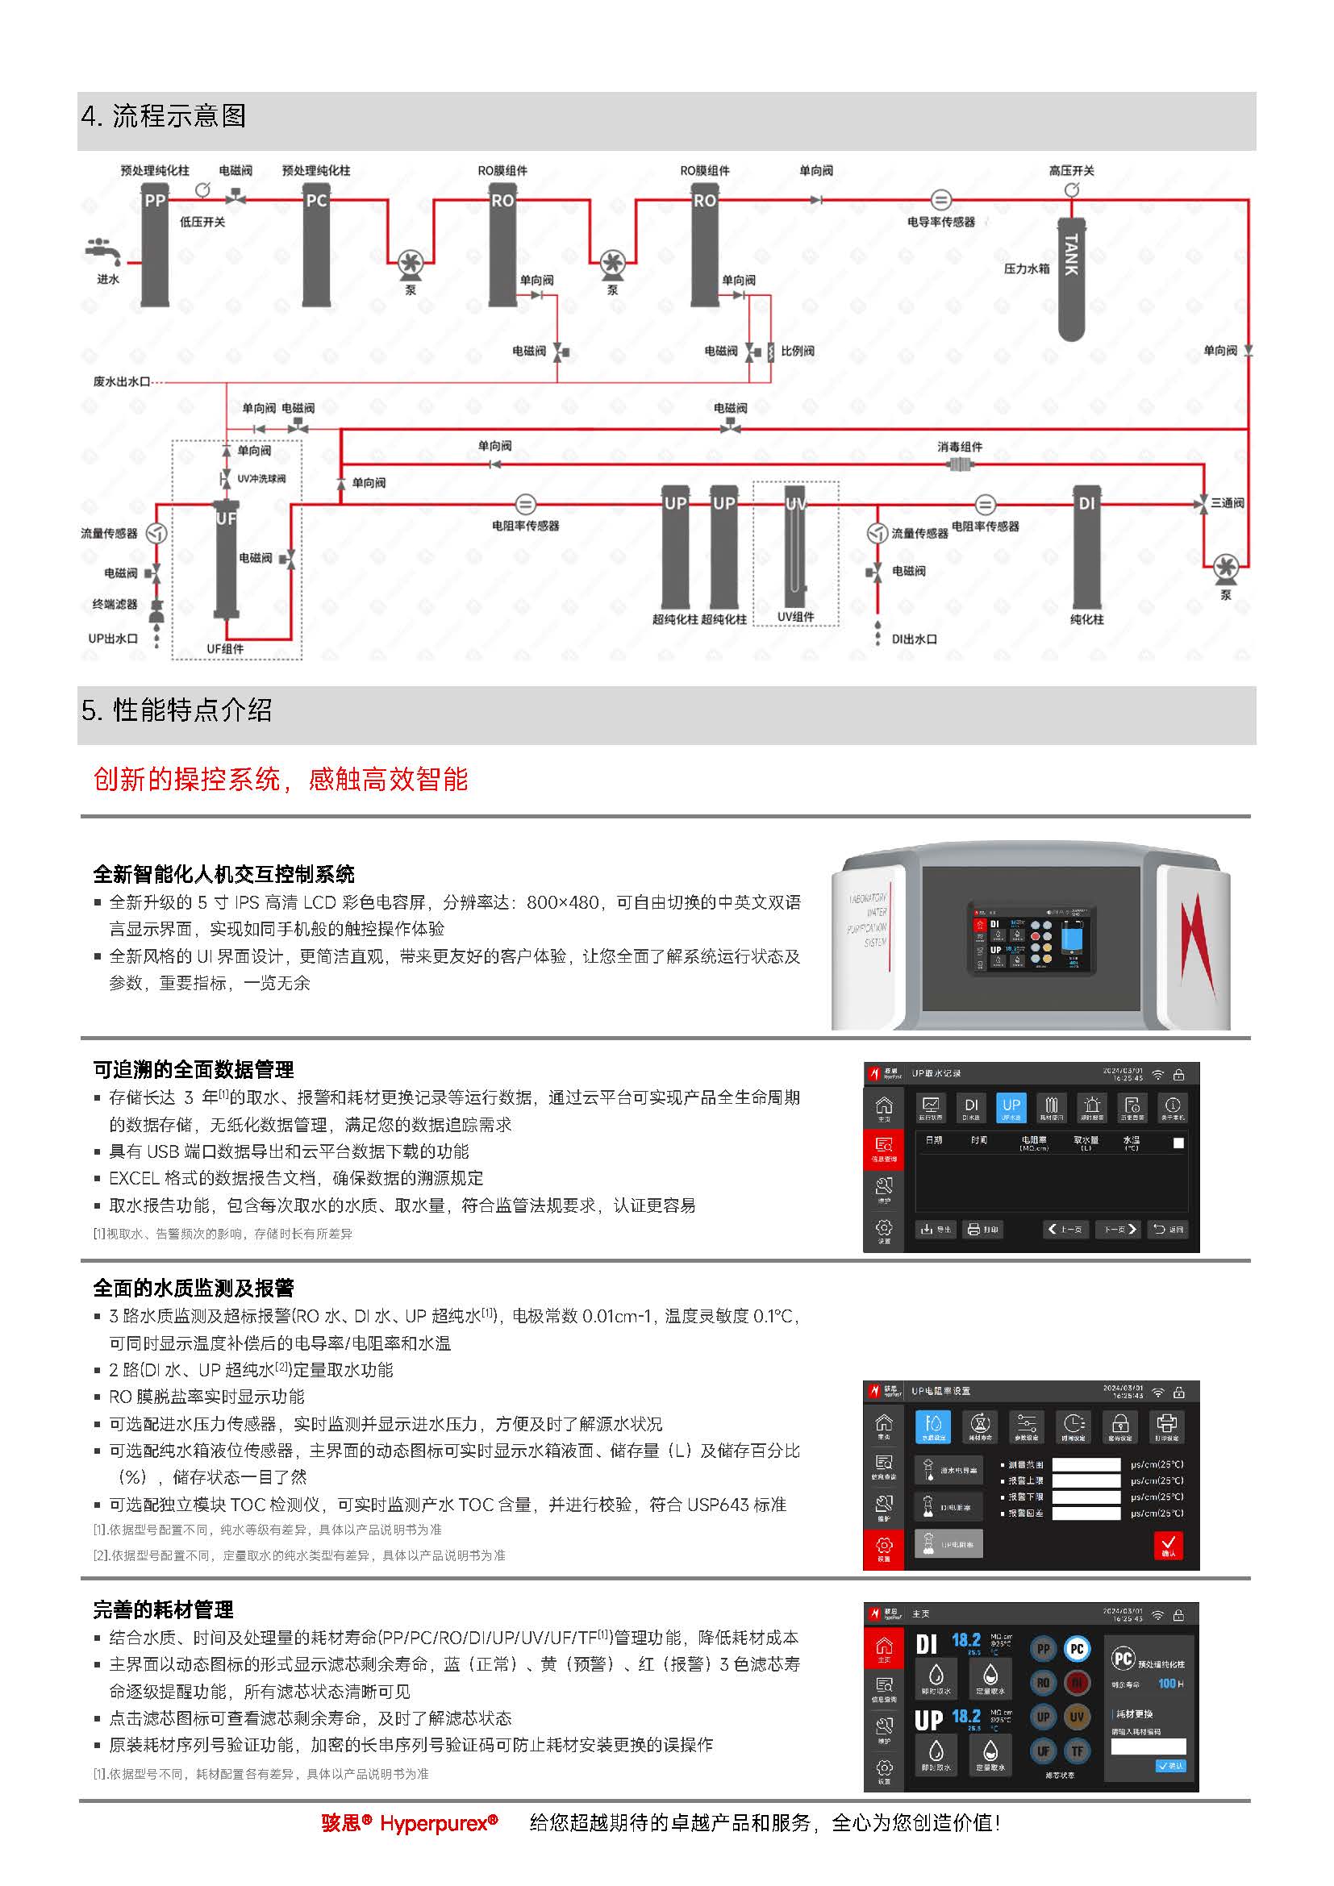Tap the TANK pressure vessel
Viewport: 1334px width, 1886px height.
tap(1071, 279)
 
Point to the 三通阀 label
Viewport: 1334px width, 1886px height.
tap(1228, 502)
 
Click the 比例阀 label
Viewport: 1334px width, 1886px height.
tap(797, 351)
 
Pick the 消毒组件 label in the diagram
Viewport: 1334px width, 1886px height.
tap(960, 447)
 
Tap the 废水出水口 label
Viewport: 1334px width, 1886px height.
tap(122, 381)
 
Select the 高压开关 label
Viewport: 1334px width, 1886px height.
tap(1071, 170)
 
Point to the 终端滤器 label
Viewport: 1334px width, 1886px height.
tap(115, 605)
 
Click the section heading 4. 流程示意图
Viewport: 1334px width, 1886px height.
tap(165, 117)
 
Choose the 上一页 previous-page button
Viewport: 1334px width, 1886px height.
tap(1065, 1229)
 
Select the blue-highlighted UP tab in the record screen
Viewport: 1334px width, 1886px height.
tap(1011, 1107)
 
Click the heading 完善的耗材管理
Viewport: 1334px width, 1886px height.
tap(163, 1609)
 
